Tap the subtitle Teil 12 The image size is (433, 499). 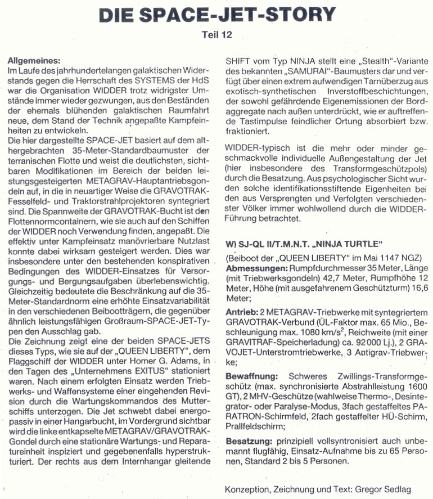pos(216,35)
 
